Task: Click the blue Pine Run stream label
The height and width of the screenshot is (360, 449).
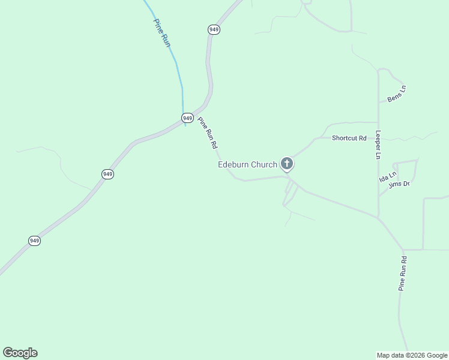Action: point(162,33)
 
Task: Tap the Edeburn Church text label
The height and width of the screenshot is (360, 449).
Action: point(247,164)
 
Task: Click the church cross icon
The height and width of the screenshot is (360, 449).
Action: point(287,163)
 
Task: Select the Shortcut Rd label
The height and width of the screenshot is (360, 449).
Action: point(349,138)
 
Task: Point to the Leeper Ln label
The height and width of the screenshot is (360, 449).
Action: point(378,145)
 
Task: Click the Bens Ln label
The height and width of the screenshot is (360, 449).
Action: point(397,94)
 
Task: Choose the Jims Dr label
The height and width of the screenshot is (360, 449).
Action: point(399,184)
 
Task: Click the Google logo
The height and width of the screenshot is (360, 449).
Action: point(20,353)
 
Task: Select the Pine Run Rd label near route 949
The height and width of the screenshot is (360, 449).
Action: point(208,133)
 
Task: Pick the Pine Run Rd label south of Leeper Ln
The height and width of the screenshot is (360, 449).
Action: point(403,274)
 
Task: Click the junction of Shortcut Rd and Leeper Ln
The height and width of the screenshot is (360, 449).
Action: point(378,123)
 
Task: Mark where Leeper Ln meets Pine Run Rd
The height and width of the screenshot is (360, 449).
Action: point(378,217)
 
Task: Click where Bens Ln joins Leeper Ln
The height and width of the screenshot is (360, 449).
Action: point(378,103)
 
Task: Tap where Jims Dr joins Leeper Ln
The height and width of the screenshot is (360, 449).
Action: point(378,196)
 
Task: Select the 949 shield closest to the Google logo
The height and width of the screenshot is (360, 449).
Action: point(34,241)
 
